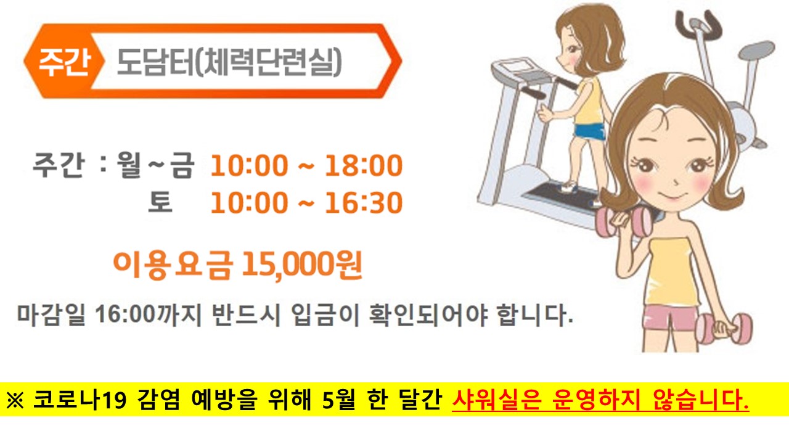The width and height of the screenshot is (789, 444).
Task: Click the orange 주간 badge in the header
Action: point(63,62)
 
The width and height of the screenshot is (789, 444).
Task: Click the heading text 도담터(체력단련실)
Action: point(229,62)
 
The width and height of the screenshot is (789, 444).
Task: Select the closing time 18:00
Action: point(363,166)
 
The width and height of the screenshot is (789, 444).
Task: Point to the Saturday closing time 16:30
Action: point(363,203)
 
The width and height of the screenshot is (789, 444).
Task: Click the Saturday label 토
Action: point(160,203)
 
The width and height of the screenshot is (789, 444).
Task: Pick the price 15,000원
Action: point(301,265)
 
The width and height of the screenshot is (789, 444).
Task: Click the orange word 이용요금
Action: point(173,265)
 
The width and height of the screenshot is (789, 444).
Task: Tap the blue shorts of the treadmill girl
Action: point(589,130)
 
